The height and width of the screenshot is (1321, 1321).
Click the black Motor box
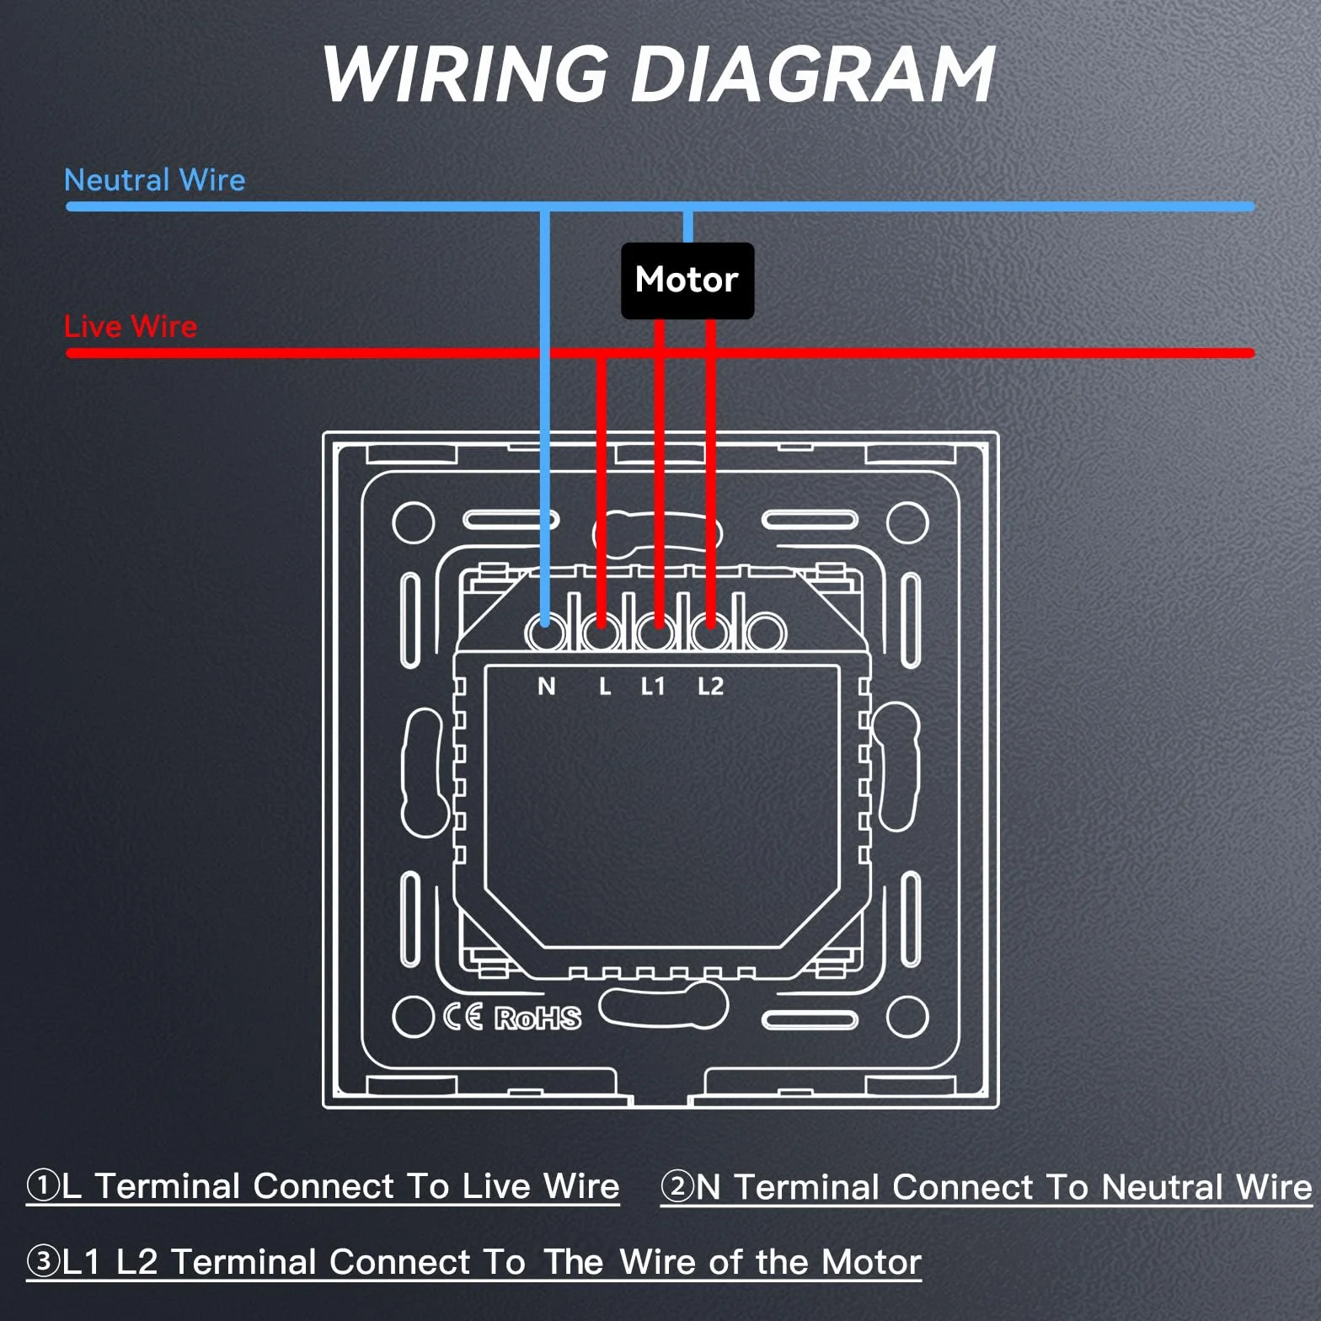pyautogui.click(x=687, y=281)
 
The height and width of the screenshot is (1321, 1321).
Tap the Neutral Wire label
pyautogui.click(x=155, y=179)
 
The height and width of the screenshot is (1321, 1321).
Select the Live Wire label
pyautogui.click(x=131, y=326)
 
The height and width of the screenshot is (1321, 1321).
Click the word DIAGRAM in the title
pyautogui.click(x=814, y=74)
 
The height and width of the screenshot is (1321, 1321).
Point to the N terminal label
pyautogui.click(x=547, y=687)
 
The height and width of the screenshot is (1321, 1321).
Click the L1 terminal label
pyautogui.click(x=653, y=687)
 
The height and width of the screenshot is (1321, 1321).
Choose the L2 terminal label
pyautogui.click(x=710, y=687)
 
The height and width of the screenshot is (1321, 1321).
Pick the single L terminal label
pyautogui.click(x=605, y=687)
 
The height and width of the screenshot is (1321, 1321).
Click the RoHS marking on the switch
pyautogui.click(x=537, y=1018)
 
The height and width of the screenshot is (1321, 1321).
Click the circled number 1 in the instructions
pyautogui.click(x=42, y=1185)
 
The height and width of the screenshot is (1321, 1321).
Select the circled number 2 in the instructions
pyautogui.click(x=677, y=1186)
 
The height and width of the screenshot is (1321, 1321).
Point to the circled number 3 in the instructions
pyautogui.click(x=42, y=1261)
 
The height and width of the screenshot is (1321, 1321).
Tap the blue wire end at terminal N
pyautogui.click(x=545, y=622)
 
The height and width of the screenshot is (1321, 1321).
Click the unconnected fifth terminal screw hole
pyautogui.click(x=764, y=632)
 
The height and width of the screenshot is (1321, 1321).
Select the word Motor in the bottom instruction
pyautogui.click(x=871, y=1262)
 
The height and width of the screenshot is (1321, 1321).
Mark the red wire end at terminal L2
pyautogui.click(x=710, y=622)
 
